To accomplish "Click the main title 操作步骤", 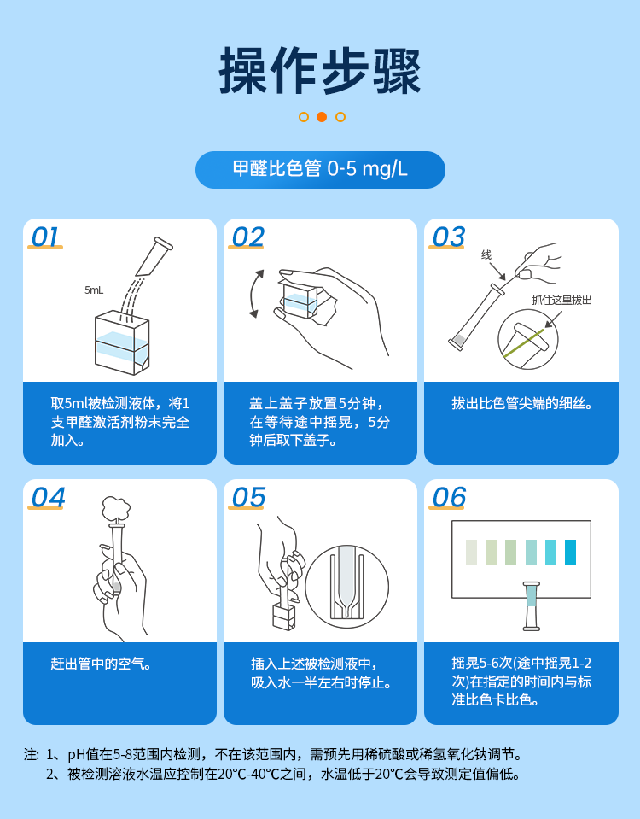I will (x=320, y=71).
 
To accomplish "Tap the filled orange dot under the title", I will (x=322, y=117).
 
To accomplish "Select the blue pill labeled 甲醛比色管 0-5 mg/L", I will (x=320, y=169).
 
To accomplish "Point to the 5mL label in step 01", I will (x=94, y=290).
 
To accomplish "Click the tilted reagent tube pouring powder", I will (x=154, y=256).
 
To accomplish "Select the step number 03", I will (x=448, y=237).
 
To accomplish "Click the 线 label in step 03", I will (x=486, y=254).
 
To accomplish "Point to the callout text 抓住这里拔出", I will (x=561, y=300).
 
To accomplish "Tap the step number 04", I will (x=47, y=498).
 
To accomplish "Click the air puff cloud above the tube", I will (x=114, y=509).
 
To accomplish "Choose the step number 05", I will (x=247, y=498).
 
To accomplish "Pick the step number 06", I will (x=449, y=498).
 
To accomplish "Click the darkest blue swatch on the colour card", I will (x=570, y=553).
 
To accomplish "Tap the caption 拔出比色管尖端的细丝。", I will (x=521, y=403).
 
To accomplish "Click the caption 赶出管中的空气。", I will (x=102, y=664).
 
